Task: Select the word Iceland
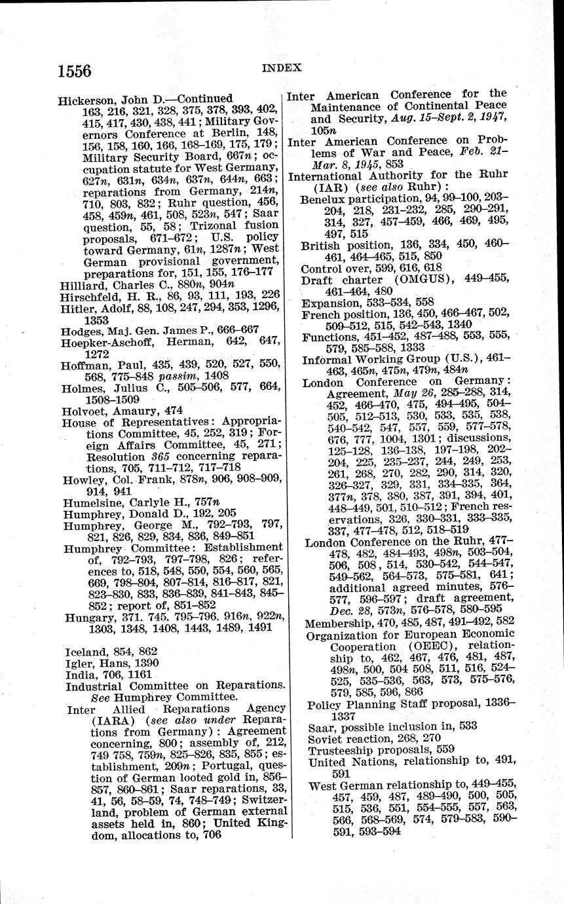point(85,651)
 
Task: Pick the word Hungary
point(88,618)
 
